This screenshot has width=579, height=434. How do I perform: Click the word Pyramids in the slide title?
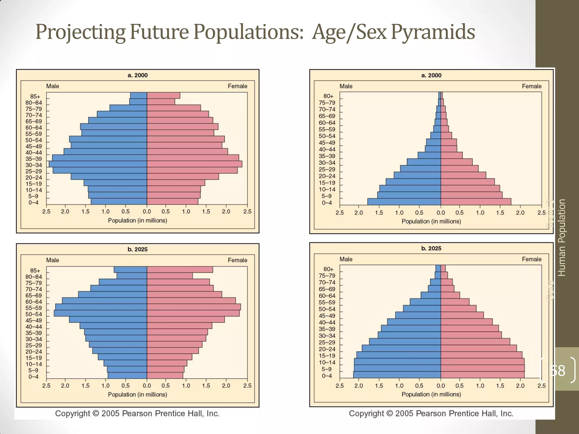coord(433,32)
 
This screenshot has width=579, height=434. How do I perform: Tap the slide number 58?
coord(558,370)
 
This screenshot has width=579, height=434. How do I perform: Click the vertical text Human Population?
coord(561,237)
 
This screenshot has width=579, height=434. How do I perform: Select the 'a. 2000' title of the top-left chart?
coord(137,75)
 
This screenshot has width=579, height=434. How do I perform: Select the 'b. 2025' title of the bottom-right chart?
coord(431,248)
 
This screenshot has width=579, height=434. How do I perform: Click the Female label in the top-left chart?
coord(237,86)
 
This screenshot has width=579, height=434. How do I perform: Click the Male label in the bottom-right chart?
coord(346,259)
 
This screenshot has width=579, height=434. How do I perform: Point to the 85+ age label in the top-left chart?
coord(35,97)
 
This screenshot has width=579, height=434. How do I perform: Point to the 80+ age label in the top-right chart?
coord(328,96)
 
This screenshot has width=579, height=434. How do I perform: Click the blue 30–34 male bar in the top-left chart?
coord(98,164)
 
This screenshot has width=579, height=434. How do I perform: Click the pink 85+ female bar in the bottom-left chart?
coord(180,270)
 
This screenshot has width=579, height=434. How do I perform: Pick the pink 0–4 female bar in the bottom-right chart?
coord(482,375)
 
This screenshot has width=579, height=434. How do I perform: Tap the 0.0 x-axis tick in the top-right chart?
coord(440,212)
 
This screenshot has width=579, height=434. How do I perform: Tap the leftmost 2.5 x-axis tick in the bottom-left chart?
coord(46,386)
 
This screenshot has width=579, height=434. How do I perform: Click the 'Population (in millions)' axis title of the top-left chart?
coord(137,220)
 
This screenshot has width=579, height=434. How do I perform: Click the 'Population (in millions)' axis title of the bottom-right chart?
coord(431,394)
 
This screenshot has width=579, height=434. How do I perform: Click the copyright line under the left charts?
coord(137,413)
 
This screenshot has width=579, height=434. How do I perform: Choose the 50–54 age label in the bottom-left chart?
coord(34,314)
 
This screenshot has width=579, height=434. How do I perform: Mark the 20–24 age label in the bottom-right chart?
coord(327,349)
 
